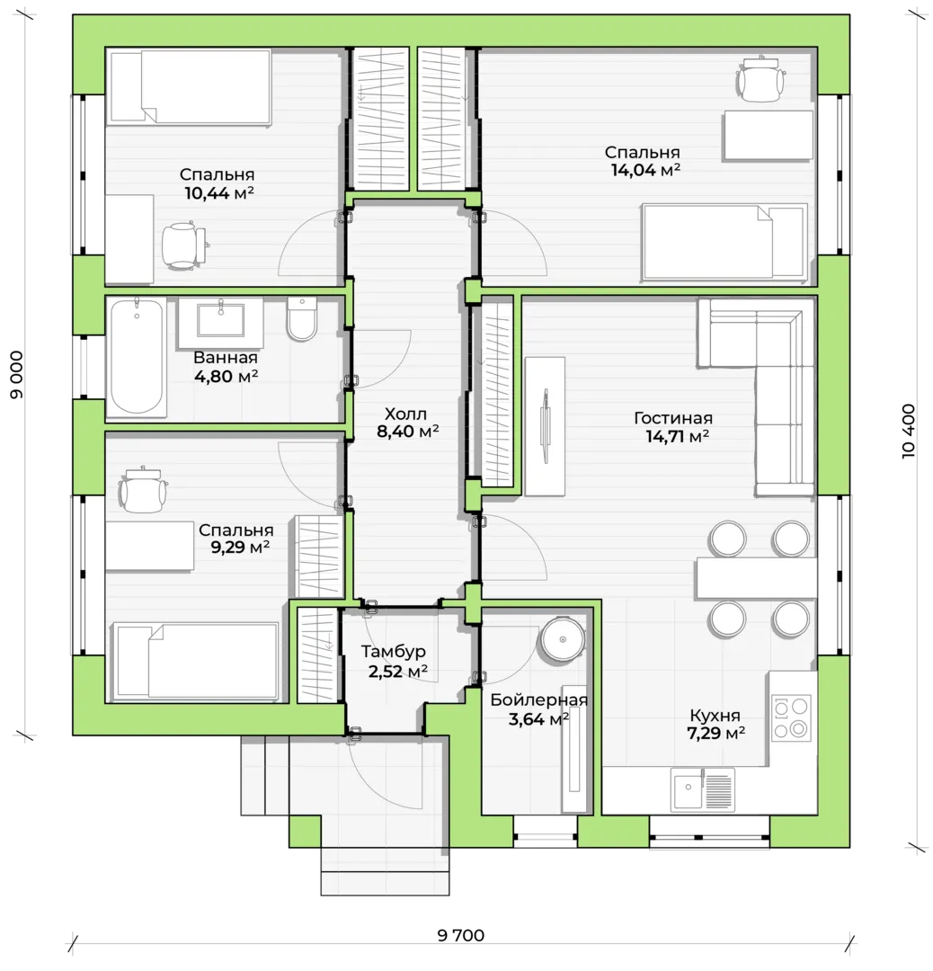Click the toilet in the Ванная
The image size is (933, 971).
pyautogui.click(x=302, y=319)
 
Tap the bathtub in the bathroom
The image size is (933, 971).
pyautogui.click(x=137, y=357)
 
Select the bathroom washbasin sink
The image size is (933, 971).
pyautogui.click(x=220, y=322)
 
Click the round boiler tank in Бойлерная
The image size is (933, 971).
pyautogui.click(x=562, y=639)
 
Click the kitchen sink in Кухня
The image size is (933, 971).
pyautogui.click(x=703, y=788)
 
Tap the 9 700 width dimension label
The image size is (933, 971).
pyautogui.click(x=461, y=935)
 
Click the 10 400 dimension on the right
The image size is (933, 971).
pyautogui.click(x=908, y=431)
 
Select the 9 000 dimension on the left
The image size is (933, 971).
pyautogui.click(x=17, y=375)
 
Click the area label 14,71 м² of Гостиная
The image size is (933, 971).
pyautogui.click(x=678, y=437)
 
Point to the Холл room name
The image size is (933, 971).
pyautogui.click(x=405, y=414)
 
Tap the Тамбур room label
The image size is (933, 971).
pyautogui.click(x=394, y=652)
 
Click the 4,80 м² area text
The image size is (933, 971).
pyautogui.click(x=226, y=376)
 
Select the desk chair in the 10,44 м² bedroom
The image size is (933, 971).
pyautogui.click(x=183, y=245)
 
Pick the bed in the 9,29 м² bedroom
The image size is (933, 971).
pyautogui.click(x=194, y=661)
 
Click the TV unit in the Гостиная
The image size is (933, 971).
pyautogui.click(x=545, y=426)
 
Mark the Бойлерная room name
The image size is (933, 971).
pyautogui.click(x=538, y=699)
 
